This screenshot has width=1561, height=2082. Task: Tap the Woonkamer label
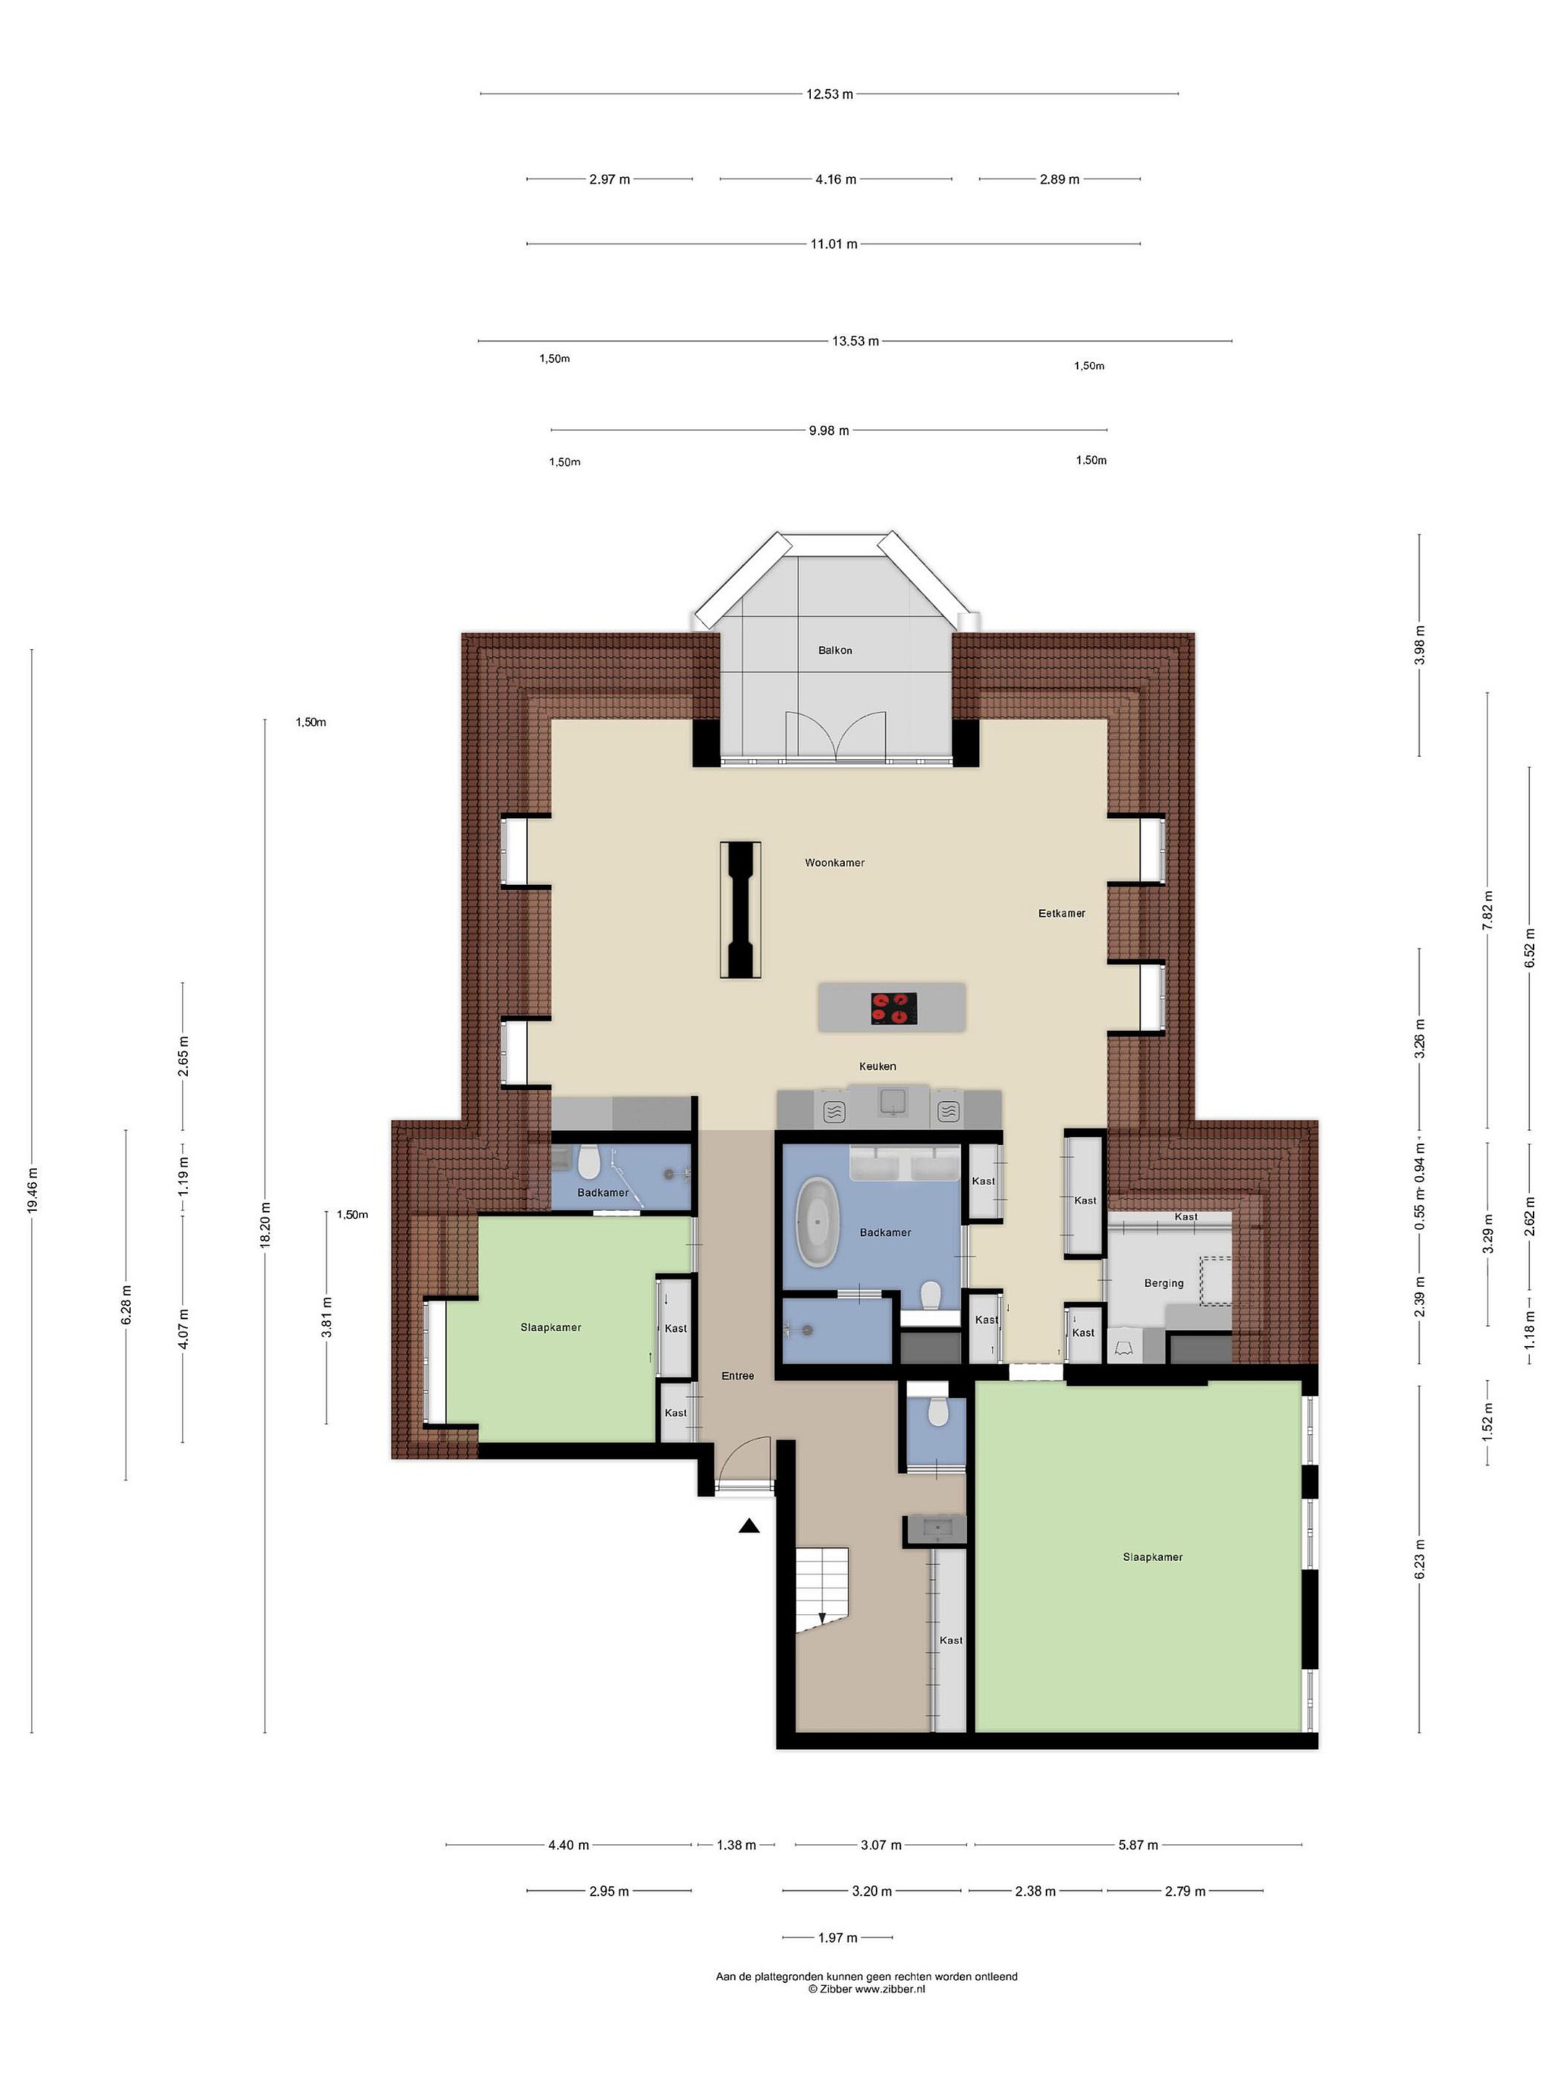click(835, 862)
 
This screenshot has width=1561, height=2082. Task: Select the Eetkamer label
click(1062, 913)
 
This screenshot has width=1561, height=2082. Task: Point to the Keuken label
click(877, 1066)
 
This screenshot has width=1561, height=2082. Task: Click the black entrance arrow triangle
click(749, 1527)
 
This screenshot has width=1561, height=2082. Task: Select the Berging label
click(1164, 1283)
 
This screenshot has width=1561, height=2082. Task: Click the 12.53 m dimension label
click(829, 94)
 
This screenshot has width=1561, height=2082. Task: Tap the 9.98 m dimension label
click(829, 430)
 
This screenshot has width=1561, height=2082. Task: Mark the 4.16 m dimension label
click(835, 179)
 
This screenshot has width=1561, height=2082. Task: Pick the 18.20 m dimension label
click(265, 1225)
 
